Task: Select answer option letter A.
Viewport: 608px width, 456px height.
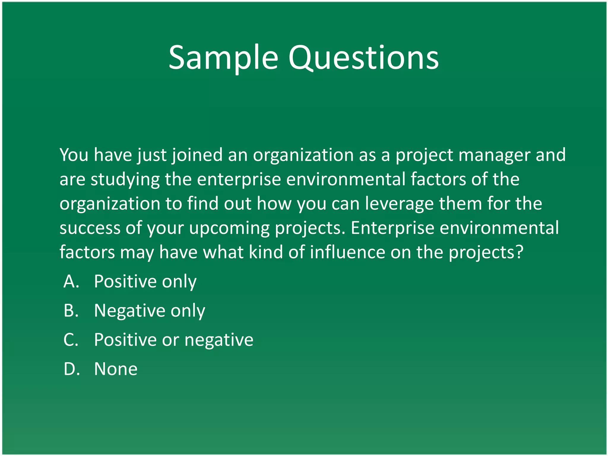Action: point(71,281)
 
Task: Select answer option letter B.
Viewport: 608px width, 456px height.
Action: point(71,310)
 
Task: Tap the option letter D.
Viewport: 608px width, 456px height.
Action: point(72,369)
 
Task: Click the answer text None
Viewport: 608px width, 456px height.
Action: point(115,369)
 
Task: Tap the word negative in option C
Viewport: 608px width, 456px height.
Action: point(219,340)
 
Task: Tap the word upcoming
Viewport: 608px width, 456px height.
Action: point(229,229)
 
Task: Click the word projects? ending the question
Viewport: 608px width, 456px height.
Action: point(485,253)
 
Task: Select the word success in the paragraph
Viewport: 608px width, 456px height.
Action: point(89,228)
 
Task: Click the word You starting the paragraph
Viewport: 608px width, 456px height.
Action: point(74,155)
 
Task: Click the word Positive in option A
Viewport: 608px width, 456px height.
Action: point(125,281)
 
